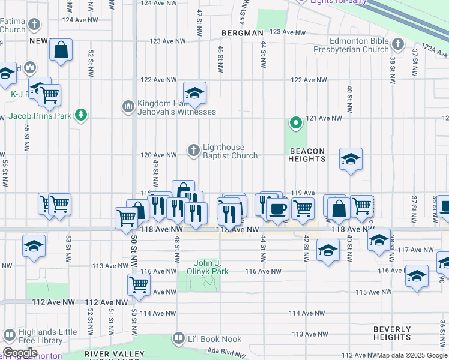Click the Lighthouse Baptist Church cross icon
[x=193, y=150]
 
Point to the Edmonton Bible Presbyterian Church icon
[x=397, y=44]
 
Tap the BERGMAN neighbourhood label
[x=242, y=33]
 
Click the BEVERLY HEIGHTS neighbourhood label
[x=391, y=334]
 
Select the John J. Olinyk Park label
[x=211, y=267]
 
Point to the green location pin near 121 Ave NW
[x=295, y=124]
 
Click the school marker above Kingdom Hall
[x=194, y=93]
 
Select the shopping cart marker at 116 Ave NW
[x=139, y=283]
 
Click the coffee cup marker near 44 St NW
[x=277, y=209]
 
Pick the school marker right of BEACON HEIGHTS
[x=351, y=159]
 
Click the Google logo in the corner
[x=20, y=353]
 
